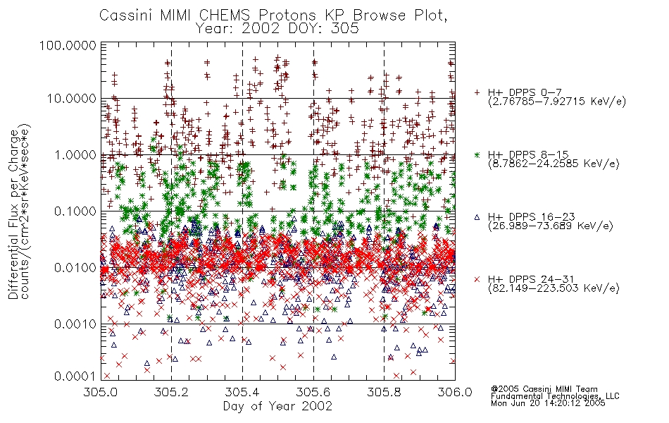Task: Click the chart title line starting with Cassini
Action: (273, 16)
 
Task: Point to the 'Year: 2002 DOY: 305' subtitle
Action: (277, 29)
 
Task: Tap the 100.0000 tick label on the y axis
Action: (68, 45)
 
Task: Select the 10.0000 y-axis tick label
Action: (72, 99)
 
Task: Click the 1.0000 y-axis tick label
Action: (75, 154)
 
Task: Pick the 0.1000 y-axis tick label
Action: (75, 211)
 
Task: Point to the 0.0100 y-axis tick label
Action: (75, 268)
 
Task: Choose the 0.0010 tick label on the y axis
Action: (75, 324)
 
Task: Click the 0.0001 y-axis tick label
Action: (75, 376)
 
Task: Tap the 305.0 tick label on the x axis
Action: (101, 392)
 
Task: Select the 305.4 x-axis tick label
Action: (242, 392)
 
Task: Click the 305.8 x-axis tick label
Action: (384, 392)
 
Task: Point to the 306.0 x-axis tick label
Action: (455, 392)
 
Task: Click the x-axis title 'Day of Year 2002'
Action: (277, 406)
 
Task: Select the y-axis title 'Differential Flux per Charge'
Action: (14, 214)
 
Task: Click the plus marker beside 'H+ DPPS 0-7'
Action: (477, 92)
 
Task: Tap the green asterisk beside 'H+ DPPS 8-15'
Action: (477, 154)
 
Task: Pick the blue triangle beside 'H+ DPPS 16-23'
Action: (477, 217)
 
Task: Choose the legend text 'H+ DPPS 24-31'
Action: (531, 279)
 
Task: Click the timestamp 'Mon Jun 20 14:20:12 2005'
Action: (548, 403)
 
